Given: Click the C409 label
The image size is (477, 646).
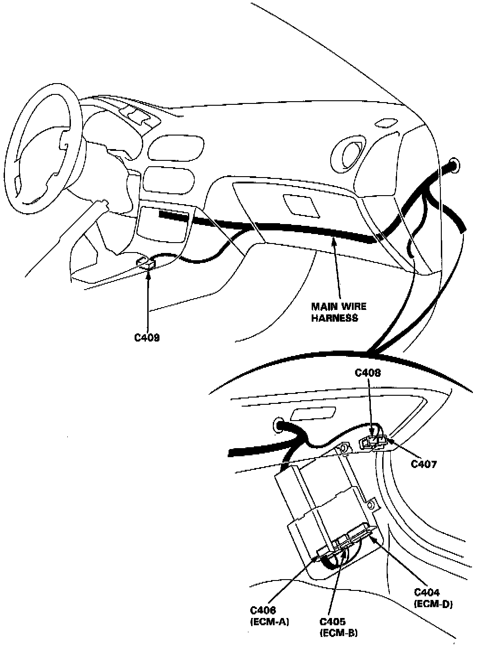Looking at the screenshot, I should pos(147,337).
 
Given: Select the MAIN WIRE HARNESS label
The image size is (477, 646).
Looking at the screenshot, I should pos(338,312).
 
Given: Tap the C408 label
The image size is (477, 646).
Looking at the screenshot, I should pos(368,373).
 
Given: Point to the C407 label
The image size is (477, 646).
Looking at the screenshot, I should pos(424,463).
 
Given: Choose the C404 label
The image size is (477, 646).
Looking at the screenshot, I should pos(427,592).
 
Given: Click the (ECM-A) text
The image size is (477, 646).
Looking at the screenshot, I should pos(269,622).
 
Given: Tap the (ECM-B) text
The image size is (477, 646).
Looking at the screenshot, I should pos(338,632).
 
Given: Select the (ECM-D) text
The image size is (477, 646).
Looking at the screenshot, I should pos(433,603).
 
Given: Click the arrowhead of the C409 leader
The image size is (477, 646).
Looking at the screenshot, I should pos(148,273).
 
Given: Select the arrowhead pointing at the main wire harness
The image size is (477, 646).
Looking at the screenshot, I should pos(334,242).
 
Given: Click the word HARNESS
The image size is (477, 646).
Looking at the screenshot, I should pos(338,318).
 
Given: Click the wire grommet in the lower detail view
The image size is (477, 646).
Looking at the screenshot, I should pos(277,426).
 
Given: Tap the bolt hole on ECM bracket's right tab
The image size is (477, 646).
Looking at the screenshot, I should pos(371,505).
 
